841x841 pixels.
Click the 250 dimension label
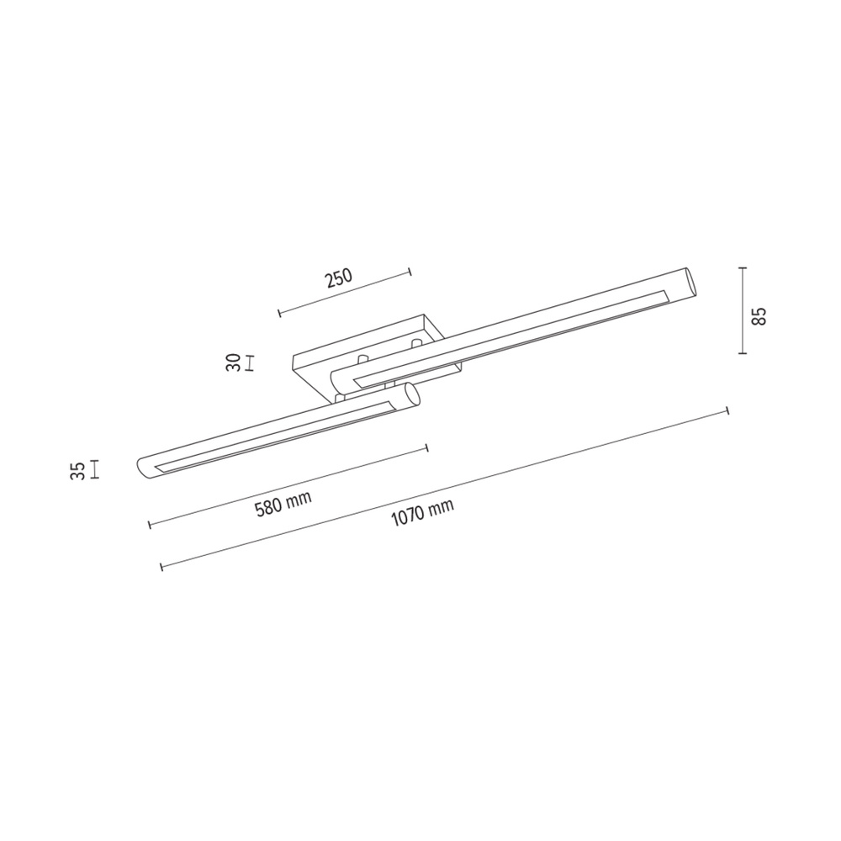coord(339,278)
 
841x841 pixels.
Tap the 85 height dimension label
coord(759,316)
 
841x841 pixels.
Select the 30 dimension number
coord(232,363)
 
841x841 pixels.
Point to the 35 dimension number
coord(77,471)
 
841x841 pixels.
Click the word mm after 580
coord(299,500)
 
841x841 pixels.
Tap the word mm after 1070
coord(442,507)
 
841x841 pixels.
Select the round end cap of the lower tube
coord(411,397)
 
